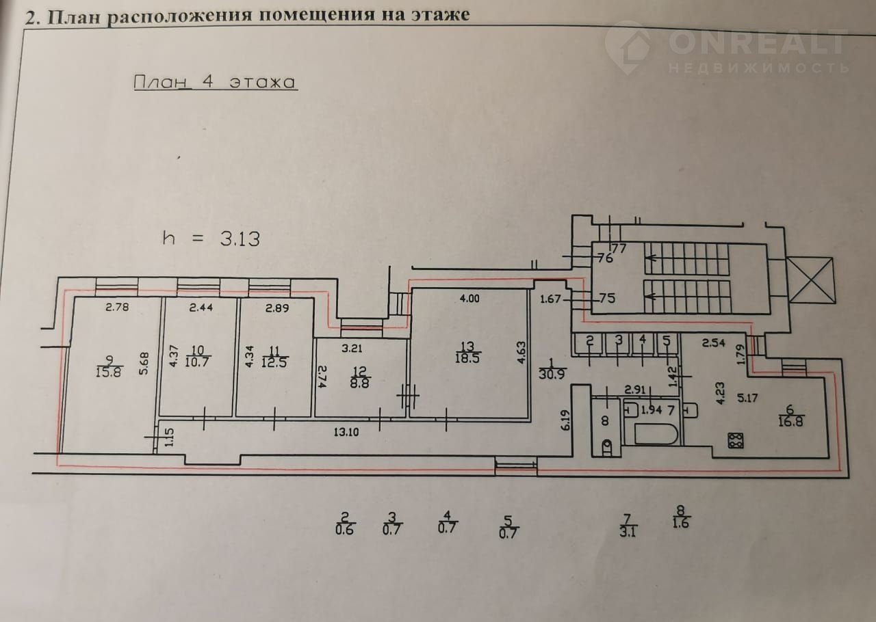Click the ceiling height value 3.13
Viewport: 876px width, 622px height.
click(x=240, y=239)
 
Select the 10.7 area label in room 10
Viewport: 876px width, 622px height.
click(x=196, y=362)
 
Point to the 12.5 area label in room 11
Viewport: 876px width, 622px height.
click(x=274, y=362)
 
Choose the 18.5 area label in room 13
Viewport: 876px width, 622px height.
click(x=467, y=358)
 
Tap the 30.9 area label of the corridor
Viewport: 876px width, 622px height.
click(x=552, y=374)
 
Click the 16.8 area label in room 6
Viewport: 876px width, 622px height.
click(x=790, y=422)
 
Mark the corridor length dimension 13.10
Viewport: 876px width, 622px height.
click(x=346, y=432)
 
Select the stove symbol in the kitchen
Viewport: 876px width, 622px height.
click(x=736, y=440)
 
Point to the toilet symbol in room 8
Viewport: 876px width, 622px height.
click(x=606, y=446)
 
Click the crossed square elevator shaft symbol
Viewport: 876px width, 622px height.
click(x=811, y=280)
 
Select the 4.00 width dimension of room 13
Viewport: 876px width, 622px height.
click(x=469, y=299)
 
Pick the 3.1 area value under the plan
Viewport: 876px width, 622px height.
click(x=628, y=532)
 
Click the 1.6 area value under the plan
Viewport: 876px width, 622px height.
click(x=680, y=523)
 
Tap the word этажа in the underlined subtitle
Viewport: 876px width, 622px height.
click(x=262, y=83)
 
